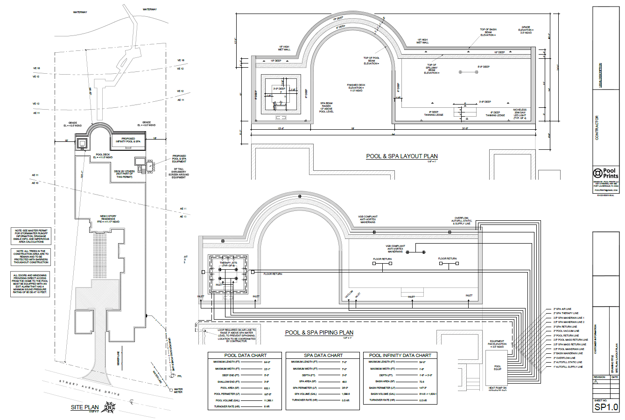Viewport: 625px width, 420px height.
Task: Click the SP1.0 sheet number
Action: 605,407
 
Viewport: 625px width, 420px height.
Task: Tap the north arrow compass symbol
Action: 110,407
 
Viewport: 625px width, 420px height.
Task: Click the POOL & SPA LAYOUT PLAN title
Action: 402,156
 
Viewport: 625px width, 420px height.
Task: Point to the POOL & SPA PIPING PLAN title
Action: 319,333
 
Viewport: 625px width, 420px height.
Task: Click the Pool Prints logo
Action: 605,173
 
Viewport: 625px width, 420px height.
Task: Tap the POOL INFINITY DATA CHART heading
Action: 400,355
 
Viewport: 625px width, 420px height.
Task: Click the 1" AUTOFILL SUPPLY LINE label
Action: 568,367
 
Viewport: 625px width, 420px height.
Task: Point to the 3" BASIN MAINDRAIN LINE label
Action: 568,353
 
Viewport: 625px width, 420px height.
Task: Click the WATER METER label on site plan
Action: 178,390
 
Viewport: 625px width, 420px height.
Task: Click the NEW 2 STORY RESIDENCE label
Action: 111,218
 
